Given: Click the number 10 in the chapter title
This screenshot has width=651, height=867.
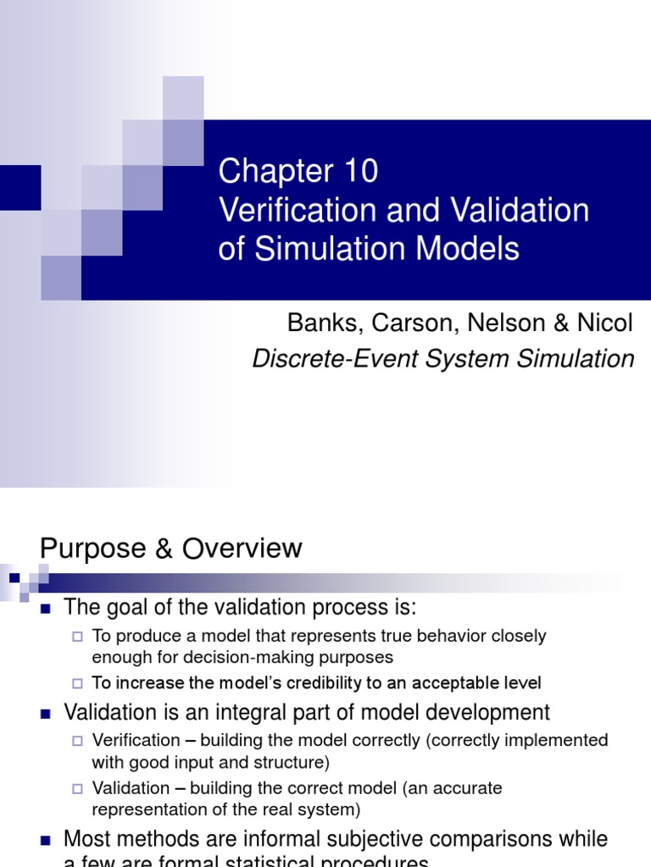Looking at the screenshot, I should pyautogui.click(x=360, y=172).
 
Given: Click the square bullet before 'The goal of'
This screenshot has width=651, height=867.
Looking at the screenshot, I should pyautogui.click(x=47, y=608).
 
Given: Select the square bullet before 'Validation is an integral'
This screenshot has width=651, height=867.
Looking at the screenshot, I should pyautogui.click(x=47, y=714).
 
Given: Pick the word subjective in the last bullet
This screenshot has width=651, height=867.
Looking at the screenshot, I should pyautogui.click(x=337, y=839).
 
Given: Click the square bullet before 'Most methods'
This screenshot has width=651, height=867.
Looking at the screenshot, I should pyautogui.click(x=47, y=840).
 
